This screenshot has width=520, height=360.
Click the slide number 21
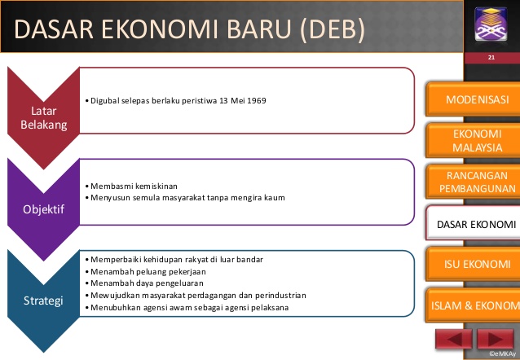click(491, 59)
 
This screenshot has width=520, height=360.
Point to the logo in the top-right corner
click(491, 27)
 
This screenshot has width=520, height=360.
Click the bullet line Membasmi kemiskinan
click(131, 187)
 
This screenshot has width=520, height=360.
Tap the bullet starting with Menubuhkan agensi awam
click(187, 307)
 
